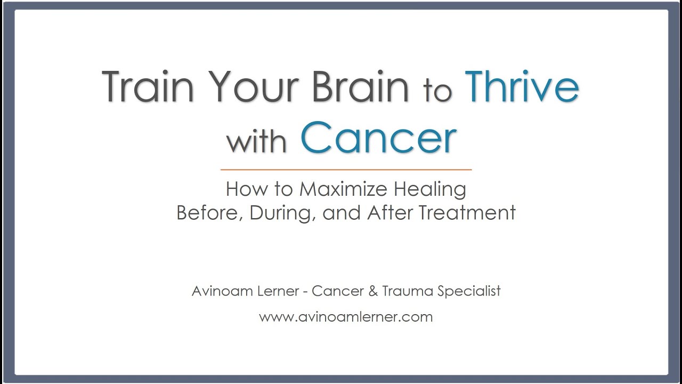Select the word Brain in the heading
(x=360, y=86)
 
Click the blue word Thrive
(x=522, y=86)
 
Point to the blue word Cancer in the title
(x=379, y=138)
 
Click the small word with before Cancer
(x=257, y=141)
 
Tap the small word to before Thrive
(x=437, y=91)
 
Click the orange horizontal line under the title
(x=346, y=170)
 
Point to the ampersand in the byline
(x=368, y=291)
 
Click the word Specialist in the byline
(x=469, y=291)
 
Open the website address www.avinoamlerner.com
(x=346, y=317)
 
